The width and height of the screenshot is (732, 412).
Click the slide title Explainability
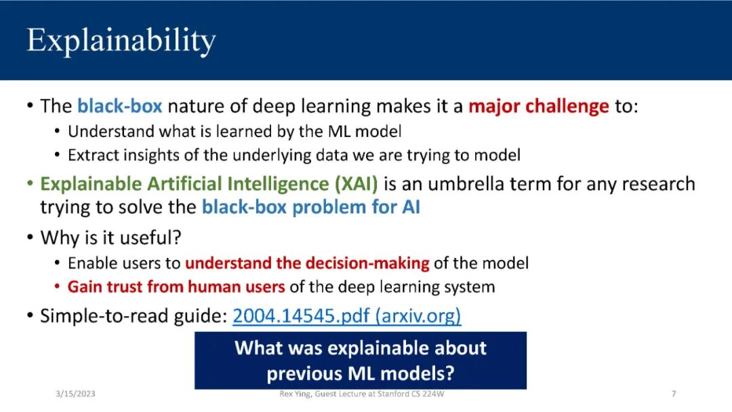pos(121,41)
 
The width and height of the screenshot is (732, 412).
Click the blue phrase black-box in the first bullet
pos(119,106)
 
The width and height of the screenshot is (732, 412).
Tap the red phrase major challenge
pos(539,107)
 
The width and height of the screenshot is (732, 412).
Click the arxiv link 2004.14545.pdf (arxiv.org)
pos(347,316)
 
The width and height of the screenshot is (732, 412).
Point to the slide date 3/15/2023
pos(75,394)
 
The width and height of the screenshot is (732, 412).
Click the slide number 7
pos(674,394)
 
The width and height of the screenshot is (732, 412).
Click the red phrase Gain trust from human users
pos(176,286)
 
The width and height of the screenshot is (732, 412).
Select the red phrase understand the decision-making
pos(307,263)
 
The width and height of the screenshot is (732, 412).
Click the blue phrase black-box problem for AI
pos(311,207)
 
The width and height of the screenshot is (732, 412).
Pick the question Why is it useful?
pos(110,238)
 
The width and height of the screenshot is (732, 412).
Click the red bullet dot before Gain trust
pos(57,286)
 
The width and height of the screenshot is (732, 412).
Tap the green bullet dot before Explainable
pos(30,184)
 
